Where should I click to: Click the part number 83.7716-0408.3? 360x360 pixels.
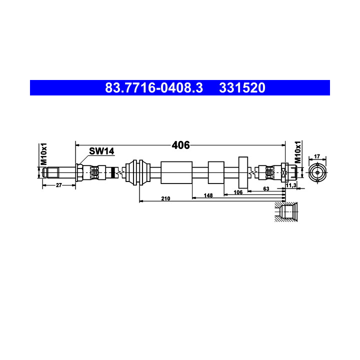(154, 88)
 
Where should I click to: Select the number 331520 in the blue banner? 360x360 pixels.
(242, 88)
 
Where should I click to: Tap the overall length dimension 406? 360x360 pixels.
(180, 145)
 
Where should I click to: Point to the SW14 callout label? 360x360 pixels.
(101, 151)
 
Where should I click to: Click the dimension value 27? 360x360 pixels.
(59, 185)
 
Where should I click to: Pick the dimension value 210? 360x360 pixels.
(165, 198)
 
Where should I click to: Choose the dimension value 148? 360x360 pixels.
(208, 195)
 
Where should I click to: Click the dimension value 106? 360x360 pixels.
(238, 192)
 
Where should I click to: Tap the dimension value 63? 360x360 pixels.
(266, 188)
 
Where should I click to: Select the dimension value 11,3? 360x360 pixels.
(291, 185)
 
